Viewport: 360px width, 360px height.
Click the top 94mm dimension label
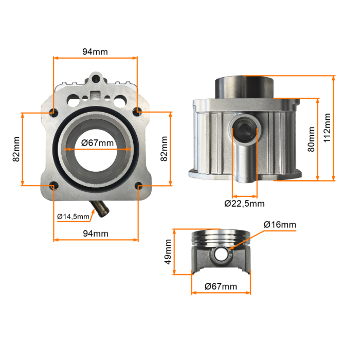tap(95, 52)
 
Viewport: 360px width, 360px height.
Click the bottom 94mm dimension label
tap(96, 233)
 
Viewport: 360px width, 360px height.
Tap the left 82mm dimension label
tap(16, 149)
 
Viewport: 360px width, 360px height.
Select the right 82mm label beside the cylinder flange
tap(164, 149)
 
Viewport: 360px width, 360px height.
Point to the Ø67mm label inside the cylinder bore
tap(97, 143)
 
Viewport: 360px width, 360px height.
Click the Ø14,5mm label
tap(73, 217)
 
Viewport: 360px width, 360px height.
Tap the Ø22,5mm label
tap(244, 204)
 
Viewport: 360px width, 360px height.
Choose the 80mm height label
tap(311, 139)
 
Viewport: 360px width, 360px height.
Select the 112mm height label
tap(327, 128)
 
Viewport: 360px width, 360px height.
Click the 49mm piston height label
tap(168, 252)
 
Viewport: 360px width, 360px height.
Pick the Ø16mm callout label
tap(280, 224)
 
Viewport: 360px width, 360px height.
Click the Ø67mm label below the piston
tap(221, 286)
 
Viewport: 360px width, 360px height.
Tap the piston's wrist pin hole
tap(221, 254)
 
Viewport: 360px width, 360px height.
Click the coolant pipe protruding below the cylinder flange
tap(100, 208)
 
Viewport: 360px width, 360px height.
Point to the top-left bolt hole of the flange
tap(53, 113)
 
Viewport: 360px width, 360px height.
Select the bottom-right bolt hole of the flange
tap(139, 186)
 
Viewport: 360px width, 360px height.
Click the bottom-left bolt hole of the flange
tap(53, 186)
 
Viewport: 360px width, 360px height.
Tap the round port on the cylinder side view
tap(245, 129)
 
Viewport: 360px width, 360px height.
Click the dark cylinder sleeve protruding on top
tap(244, 88)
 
